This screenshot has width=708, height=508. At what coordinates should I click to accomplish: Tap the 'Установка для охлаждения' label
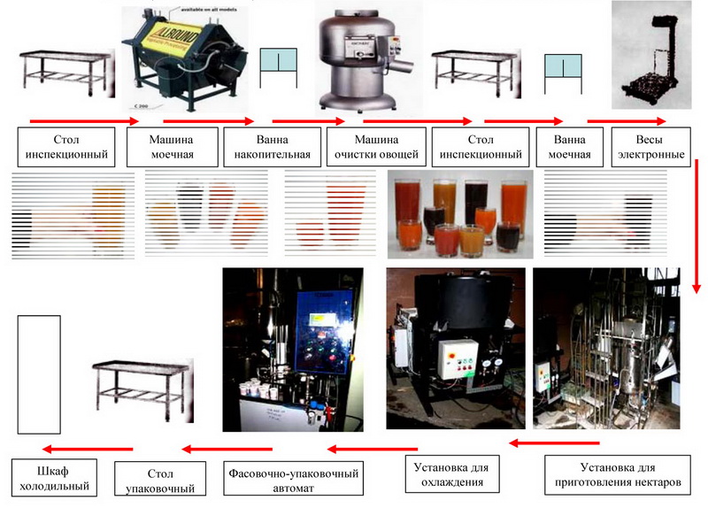(x=452, y=474)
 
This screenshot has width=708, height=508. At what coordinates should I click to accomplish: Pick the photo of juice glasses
(x=458, y=215)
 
